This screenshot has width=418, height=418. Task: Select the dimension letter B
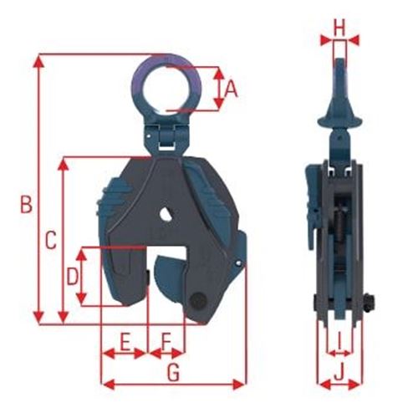(x=26, y=203)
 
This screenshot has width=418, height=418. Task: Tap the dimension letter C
(x=50, y=241)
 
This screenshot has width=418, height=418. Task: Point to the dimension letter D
(x=72, y=275)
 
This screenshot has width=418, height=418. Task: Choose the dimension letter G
(x=173, y=373)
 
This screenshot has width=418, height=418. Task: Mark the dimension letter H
(x=339, y=28)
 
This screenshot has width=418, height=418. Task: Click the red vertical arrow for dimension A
(x=218, y=89)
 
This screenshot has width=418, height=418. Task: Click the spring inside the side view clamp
(x=339, y=230)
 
